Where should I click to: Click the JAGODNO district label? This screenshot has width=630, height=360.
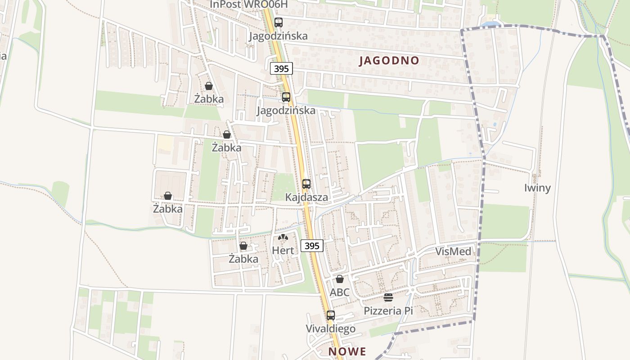(x=389, y=61)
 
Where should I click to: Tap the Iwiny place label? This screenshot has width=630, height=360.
(x=537, y=188)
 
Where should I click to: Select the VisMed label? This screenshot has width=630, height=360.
(x=453, y=252)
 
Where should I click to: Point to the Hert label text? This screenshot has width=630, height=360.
(x=283, y=251)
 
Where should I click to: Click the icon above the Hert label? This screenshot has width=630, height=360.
(x=283, y=237)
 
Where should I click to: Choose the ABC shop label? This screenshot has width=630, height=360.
(x=339, y=292)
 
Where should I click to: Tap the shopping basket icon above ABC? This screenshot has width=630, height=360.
(x=340, y=279)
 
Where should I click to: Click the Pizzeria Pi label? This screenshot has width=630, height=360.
(x=388, y=310)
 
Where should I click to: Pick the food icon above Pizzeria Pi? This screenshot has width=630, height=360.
(x=388, y=297)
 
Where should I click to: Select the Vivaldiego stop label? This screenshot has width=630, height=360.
(x=331, y=329)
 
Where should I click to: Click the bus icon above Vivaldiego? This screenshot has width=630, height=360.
(x=331, y=315)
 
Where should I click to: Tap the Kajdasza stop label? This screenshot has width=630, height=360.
(x=306, y=197)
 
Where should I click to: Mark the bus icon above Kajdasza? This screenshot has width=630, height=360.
(x=306, y=184)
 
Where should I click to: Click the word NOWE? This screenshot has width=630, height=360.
(x=347, y=351)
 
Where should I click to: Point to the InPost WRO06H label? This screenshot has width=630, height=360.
(x=248, y=4)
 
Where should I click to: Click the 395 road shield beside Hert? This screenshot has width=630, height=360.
(x=312, y=246)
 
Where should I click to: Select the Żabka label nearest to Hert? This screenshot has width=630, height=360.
(x=243, y=259)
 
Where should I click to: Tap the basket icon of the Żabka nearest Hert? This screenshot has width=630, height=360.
(x=243, y=246)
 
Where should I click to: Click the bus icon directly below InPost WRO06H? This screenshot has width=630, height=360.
(x=279, y=22)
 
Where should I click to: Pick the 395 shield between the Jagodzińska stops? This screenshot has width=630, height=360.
(x=282, y=68)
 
